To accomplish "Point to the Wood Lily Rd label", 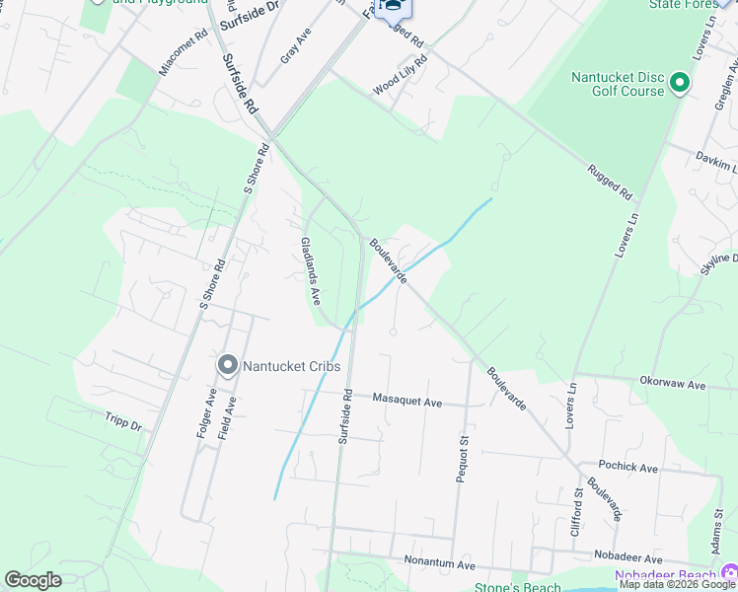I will pyautogui.click(x=400, y=77).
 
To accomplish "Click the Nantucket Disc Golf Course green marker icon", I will pyautogui.click(x=679, y=84).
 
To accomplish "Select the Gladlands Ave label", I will pyautogui.click(x=311, y=269).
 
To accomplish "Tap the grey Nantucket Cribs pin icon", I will pyautogui.click(x=227, y=367).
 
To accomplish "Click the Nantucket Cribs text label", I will pyautogui.click(x=292, y=367).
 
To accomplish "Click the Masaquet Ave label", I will pyautogui.click(x=407, y=399).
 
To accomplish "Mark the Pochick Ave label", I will pyautogui.click(x=627, y=467).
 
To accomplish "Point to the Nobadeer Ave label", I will pyautogui.click(x=627, y=557).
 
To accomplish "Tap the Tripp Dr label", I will pyautogui.click(x=123, y=423).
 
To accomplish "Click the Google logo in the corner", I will pyautogui.click(x=33, y=580).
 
